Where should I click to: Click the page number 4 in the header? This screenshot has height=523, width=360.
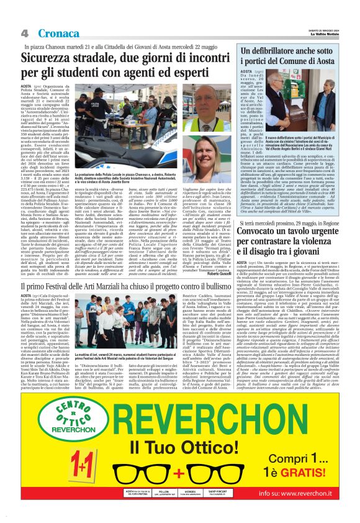coord(24,33)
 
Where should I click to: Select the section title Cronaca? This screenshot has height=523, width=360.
coord(57,33)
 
